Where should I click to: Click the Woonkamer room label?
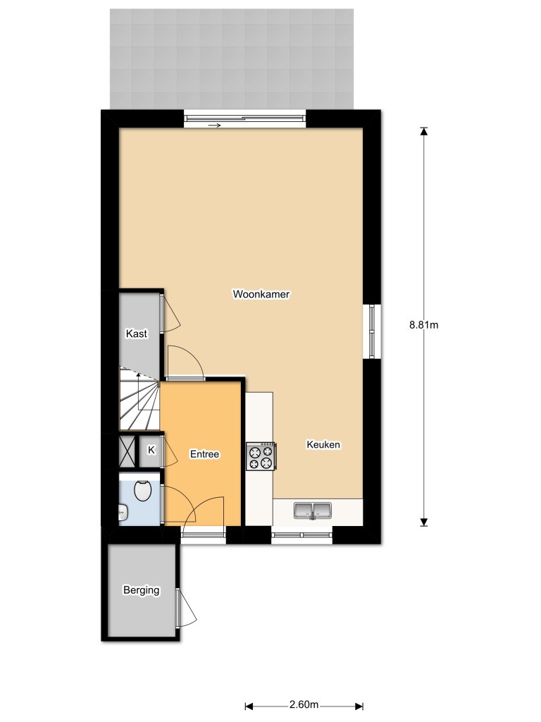coord(261,294)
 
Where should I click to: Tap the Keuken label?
coord(323,445)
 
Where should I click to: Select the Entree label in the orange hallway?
coord(205,455)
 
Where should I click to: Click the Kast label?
coord(137,334)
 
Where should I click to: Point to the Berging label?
coord(141,590)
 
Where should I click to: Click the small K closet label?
coord(151,450)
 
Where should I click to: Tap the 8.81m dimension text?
coord(423,325)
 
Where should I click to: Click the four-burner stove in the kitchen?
coord(260,455)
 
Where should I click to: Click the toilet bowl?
coord(143,490)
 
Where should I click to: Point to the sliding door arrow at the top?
coord(215,126)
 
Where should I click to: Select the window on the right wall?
coord(372,331)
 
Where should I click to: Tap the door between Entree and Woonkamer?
coord(185,363)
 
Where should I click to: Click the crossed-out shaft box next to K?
coord(128,451)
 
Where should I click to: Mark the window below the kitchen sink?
coord(301,536)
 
